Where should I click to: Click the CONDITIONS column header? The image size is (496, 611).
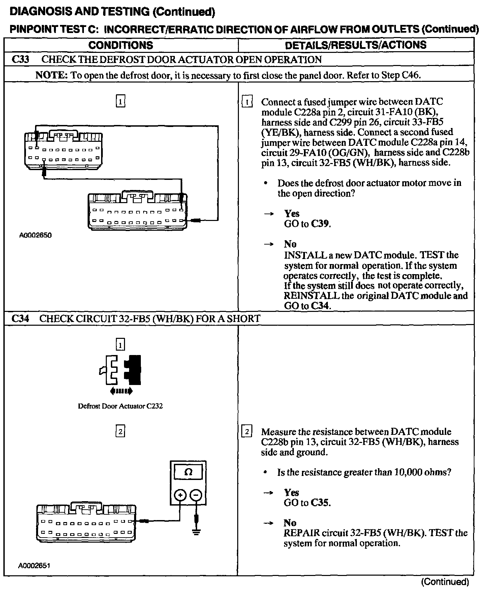(121, 45)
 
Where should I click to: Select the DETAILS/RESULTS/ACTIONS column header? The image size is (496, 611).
(355, 45)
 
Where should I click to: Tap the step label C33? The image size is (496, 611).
(20, 60)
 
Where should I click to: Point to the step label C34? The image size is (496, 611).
(20, 318)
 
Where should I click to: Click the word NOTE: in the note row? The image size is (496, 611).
(52, 75)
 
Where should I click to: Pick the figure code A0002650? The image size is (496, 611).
(35, 235)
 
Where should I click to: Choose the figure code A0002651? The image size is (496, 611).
(34, 566)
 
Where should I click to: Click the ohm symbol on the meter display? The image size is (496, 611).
(188, 472)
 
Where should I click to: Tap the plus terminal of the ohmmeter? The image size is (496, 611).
(180, 495)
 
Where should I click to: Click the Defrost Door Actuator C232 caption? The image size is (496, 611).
(120, 406)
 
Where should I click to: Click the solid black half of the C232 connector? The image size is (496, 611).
(133, 369)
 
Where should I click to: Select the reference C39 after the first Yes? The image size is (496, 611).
(320, 224)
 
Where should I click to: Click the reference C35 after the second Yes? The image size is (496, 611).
(320, 503)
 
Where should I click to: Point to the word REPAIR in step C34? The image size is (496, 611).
(301, 533)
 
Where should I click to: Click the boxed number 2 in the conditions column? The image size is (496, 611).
(120, 431)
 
